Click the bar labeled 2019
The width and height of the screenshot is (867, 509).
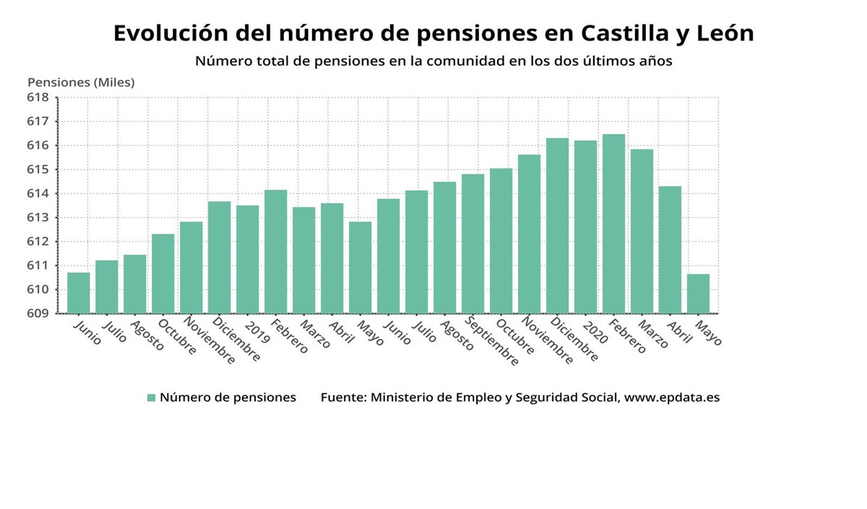point(247,259)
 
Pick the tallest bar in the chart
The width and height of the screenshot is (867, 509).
point(613,224)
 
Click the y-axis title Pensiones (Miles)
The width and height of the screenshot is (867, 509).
point(81,82)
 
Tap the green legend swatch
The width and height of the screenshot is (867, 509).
point(151,398)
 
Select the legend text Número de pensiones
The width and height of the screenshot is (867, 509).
point(228,398)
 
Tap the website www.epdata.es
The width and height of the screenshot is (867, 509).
point(672,398)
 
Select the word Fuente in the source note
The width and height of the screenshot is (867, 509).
point(342,398)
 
